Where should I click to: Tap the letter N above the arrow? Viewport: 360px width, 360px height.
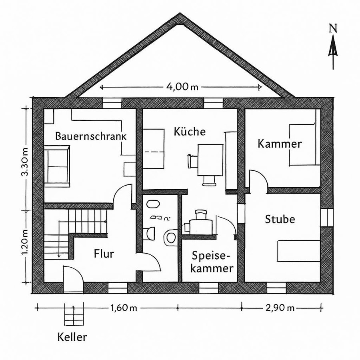332,28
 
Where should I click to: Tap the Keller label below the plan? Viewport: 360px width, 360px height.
72,337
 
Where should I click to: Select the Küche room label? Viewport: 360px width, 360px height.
190,131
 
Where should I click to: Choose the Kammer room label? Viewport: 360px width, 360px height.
280,144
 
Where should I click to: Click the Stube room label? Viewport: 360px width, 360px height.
280,219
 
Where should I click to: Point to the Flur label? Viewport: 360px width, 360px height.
104,254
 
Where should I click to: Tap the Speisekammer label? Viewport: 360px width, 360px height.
212,262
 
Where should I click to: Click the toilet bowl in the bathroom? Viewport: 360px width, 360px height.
170,237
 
